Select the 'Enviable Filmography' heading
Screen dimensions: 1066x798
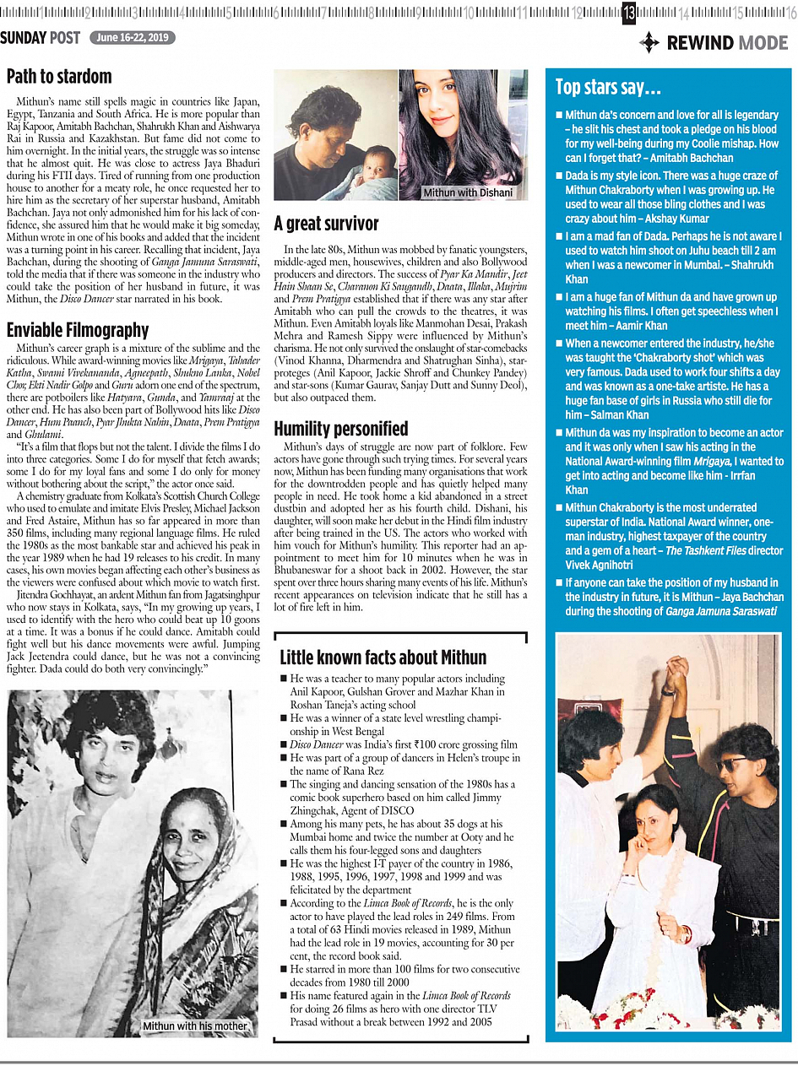coord(78,330)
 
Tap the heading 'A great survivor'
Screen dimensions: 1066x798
coord(326,225)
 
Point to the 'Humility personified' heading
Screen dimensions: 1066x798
coord(340,429)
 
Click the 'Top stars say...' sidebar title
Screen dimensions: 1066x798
coord(608,88)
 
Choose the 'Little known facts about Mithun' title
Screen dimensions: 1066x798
coord(383,657)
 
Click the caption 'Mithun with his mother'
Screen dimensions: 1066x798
coord(195,1026)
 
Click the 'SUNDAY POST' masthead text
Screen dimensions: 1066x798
coord(41,38)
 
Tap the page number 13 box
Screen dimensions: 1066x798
coord(630,12)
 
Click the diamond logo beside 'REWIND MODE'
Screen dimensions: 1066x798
coord(649,42)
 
